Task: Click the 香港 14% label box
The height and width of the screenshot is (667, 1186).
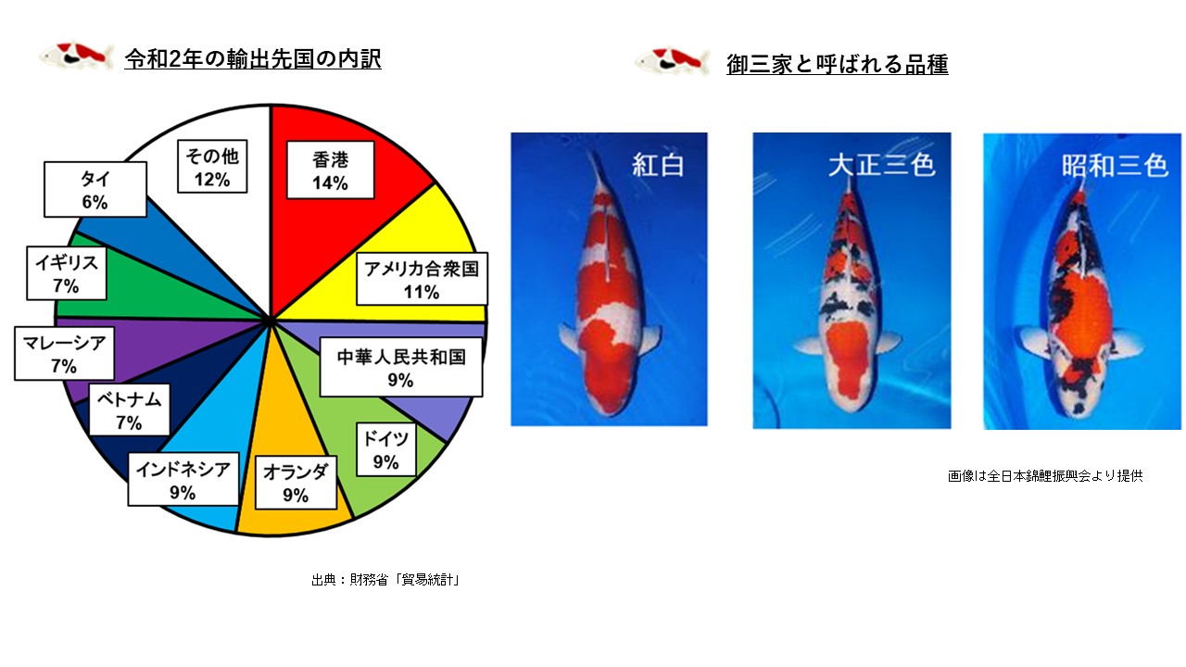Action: [331, 170]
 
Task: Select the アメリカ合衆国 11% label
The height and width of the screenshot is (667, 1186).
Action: [422, 279]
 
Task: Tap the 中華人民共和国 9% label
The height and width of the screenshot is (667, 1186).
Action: [401, 367]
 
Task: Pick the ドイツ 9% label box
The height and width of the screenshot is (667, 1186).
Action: [386, 449]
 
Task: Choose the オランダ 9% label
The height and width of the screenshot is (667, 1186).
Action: [296, 483]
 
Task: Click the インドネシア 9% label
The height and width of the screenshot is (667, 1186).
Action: [183, 480]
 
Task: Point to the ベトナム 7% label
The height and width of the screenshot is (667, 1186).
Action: [129, 409]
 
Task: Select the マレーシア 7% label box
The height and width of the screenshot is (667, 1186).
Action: [64, 354]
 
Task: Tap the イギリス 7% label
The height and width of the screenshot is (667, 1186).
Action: [67, 273]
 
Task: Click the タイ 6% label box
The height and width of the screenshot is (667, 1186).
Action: [95, 190]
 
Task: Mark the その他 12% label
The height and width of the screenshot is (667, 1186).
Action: [212, 166]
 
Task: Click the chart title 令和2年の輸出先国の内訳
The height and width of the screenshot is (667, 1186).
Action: [253, 58]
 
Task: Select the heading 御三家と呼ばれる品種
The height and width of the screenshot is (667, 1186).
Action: [837, 64]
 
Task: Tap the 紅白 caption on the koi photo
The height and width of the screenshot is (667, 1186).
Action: [658, 165]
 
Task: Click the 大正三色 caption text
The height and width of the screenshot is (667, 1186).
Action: [881, 165]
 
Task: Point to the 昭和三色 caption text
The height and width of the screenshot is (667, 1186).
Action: [1115, 165]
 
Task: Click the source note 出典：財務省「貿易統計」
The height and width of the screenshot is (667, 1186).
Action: [385, 580]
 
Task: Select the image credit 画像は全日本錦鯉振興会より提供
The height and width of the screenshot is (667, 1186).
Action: [1045, 476]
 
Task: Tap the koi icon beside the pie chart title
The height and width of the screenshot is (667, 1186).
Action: [77, 56]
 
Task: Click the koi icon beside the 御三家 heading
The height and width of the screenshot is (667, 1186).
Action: [673, 61]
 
